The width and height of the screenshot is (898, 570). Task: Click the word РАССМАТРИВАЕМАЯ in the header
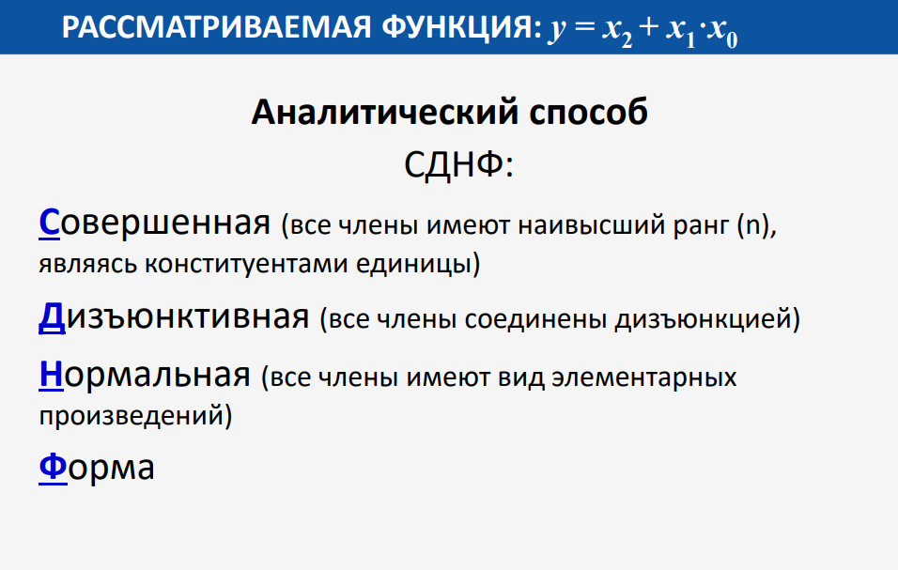[x=216, y=27]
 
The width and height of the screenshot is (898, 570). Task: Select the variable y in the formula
[x=557, y=30]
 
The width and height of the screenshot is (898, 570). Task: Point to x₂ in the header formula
[x=617, y=31]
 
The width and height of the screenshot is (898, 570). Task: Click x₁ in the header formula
[x=680, y=31]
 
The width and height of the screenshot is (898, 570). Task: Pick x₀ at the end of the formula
[x=722, y=31]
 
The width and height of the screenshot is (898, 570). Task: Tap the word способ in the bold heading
[x=589, y=112]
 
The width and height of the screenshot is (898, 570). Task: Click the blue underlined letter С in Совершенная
[x=49, y=223]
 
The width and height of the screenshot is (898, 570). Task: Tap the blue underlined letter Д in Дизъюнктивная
[x=52, y=316]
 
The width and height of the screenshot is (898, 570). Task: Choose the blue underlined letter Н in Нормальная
[x=51, y=375]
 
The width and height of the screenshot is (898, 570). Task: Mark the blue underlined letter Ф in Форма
[x=54, y=468]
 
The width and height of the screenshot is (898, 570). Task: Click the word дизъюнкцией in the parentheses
[x=702, y=319]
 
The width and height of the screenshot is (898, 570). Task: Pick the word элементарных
[x=644, y=377]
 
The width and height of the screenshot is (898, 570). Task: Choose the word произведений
[x=131, y=415]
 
